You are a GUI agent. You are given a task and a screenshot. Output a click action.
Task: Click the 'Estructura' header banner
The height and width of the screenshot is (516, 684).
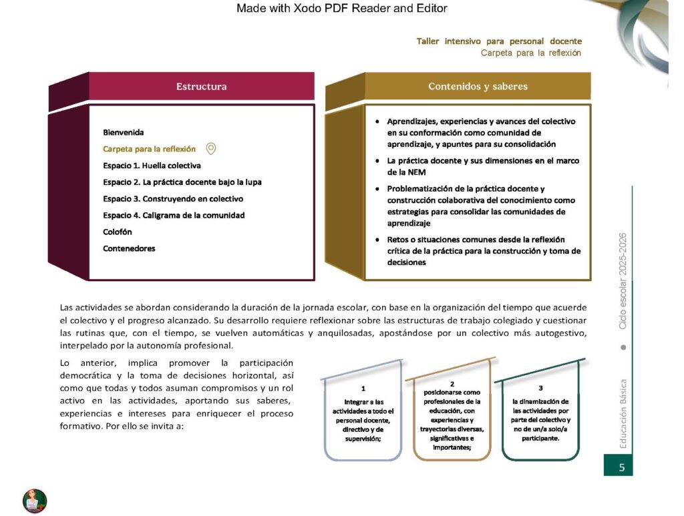tap(201, 86)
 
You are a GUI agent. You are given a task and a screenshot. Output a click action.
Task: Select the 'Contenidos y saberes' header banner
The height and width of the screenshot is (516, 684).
tap(478, 86)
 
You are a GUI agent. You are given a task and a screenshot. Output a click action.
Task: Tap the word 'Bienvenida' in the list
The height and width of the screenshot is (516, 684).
tap(124, 132)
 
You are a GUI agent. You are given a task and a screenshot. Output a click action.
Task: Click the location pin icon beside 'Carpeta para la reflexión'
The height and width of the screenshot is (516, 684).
tap(211, 149)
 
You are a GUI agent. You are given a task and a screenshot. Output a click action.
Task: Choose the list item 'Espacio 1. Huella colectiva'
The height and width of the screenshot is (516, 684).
tap(152, 166)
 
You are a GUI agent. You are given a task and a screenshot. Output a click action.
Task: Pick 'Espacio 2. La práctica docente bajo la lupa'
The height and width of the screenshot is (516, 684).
tap(182, 182)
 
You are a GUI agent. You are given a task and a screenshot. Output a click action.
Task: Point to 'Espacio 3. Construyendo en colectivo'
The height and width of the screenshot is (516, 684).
tap(173, 198)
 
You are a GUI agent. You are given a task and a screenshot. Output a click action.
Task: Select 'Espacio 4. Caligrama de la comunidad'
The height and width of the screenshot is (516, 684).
tap(174, 215)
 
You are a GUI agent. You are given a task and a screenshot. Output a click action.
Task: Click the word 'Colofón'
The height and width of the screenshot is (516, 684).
tap(118, 232)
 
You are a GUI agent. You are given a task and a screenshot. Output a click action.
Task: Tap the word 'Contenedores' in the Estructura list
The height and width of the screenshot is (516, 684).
tap(129, 248)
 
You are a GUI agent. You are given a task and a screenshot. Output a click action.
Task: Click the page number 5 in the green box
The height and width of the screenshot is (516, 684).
tap(621, 467)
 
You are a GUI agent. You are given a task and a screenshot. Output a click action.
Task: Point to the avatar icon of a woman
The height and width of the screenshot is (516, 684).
tap(35, 501)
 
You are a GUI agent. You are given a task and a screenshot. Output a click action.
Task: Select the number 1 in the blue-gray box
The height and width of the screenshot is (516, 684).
tap(363, 388)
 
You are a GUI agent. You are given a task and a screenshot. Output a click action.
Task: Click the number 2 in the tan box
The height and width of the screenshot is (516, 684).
tap(452, 384)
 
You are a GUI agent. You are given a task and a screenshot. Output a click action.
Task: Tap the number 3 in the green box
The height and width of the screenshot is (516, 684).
tap(540, 388)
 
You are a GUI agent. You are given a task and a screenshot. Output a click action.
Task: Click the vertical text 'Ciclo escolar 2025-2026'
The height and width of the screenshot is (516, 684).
tap(623, 281)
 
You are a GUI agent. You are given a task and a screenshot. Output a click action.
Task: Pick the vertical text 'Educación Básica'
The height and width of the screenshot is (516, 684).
tap(623, 414)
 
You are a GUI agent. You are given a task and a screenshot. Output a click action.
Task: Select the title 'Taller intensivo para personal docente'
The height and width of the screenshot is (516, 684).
tap(499, 41)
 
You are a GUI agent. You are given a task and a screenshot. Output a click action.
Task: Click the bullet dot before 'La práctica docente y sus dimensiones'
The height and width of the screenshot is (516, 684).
tap(378, 161)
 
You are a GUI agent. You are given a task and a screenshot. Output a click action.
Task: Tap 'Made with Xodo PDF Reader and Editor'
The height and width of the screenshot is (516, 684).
tap(342, 9)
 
